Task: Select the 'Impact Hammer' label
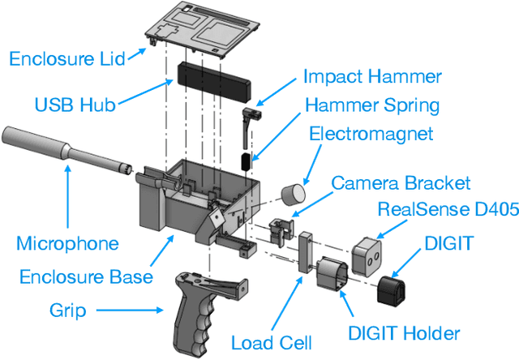coord(372,77)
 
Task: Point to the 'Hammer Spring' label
coord(372,105)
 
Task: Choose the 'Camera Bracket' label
coord(401,183)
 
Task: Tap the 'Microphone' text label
coord(67,243)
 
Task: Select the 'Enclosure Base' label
coord(85,276)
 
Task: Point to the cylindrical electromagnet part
coord(293,195)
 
